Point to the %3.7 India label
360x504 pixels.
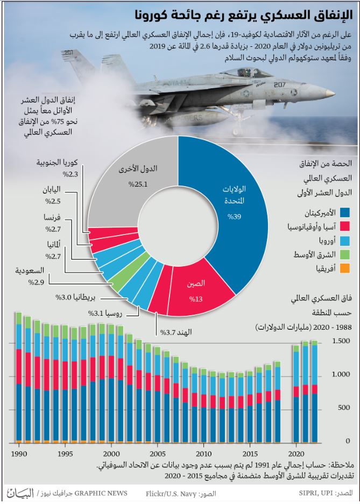pos(176,332)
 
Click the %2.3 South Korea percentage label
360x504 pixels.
pos(70,175)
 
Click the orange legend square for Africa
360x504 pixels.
pos(344,268)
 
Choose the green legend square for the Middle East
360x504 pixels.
pos(344,254)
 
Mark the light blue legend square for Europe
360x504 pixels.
pos(344,240)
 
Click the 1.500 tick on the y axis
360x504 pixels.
pos(341,341)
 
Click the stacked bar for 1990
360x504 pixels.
pos(19,378)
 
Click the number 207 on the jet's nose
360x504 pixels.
pos(280,85)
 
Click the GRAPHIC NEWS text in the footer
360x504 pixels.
pos(101,493)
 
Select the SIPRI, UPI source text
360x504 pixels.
pos(316,493)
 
